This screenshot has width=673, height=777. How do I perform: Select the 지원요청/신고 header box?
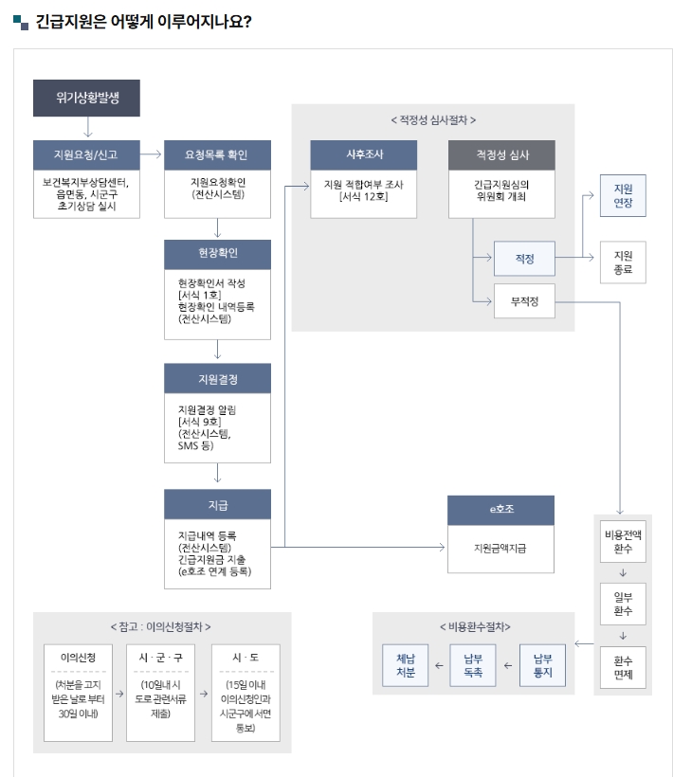[86, 154]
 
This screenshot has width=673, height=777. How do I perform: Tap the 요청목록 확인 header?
[217, 154]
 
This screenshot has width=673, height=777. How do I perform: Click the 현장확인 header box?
[217, 254]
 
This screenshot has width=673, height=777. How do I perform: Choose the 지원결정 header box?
[217, 378]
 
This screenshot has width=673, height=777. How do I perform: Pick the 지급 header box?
[217, 504]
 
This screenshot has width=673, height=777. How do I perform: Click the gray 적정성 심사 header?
[501, 154]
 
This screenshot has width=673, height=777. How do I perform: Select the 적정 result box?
[524, 258]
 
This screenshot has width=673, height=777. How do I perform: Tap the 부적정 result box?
[524, 301]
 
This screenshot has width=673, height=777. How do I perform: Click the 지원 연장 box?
[623, 196]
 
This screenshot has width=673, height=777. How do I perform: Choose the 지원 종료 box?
[623, 262]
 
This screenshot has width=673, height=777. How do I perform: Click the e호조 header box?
[501, 510]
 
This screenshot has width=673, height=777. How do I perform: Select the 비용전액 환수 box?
[623, 541]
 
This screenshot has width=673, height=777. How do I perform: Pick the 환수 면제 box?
[623, 666]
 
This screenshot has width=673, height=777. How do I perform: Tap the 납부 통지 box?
[542, 665]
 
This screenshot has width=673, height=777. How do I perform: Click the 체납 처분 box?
[406, 665]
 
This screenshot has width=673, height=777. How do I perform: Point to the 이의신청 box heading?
[77, 657]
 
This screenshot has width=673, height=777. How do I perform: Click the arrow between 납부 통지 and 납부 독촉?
[508, 666]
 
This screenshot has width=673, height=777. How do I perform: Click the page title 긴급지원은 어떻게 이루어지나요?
[142, 21]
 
